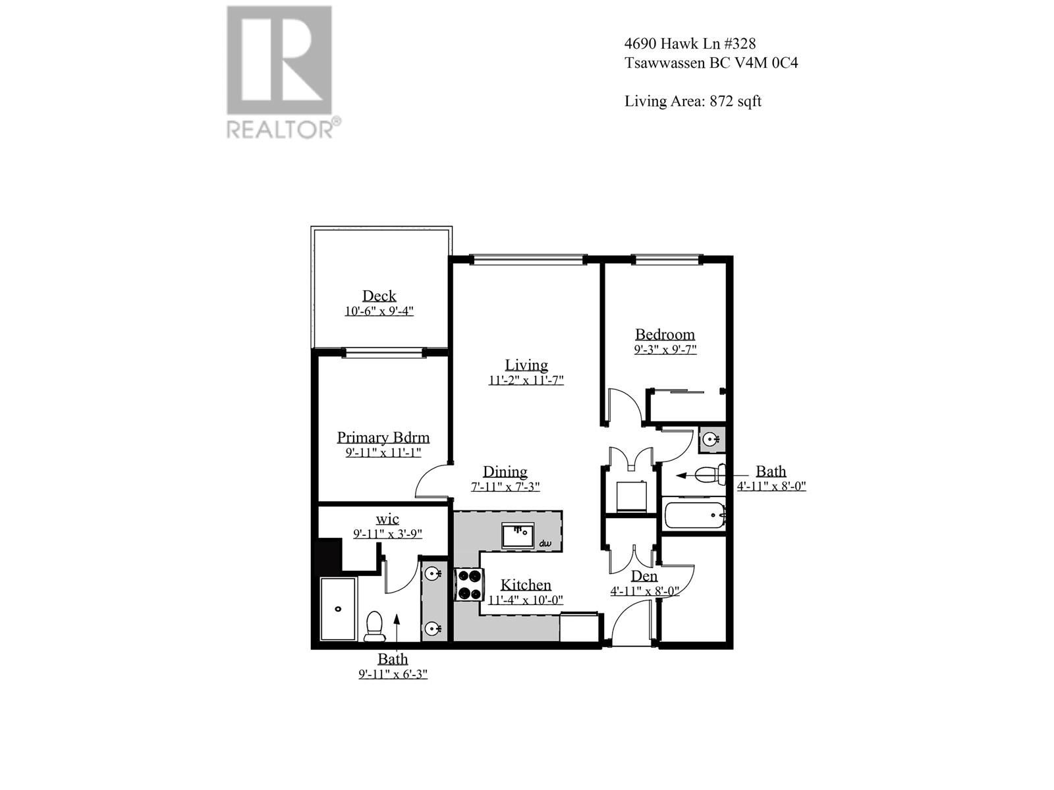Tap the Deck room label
click(379, 296)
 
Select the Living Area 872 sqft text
click(693, 101)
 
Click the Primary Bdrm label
click(383, 437)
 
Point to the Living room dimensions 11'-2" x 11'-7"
click(526, 380)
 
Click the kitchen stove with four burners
click(469, 584)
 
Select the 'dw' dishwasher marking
click(545, 544)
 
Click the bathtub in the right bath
click(694, 515)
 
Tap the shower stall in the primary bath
click(338, 608)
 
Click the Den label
click(644, 576)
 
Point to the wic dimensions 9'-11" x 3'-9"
click(387, 534)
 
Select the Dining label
click(505, 471)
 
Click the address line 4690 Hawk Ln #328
click(690, 43)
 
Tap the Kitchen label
click(526, 585)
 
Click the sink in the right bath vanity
click(710, 439)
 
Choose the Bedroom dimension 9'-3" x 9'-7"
click(665, 350)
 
